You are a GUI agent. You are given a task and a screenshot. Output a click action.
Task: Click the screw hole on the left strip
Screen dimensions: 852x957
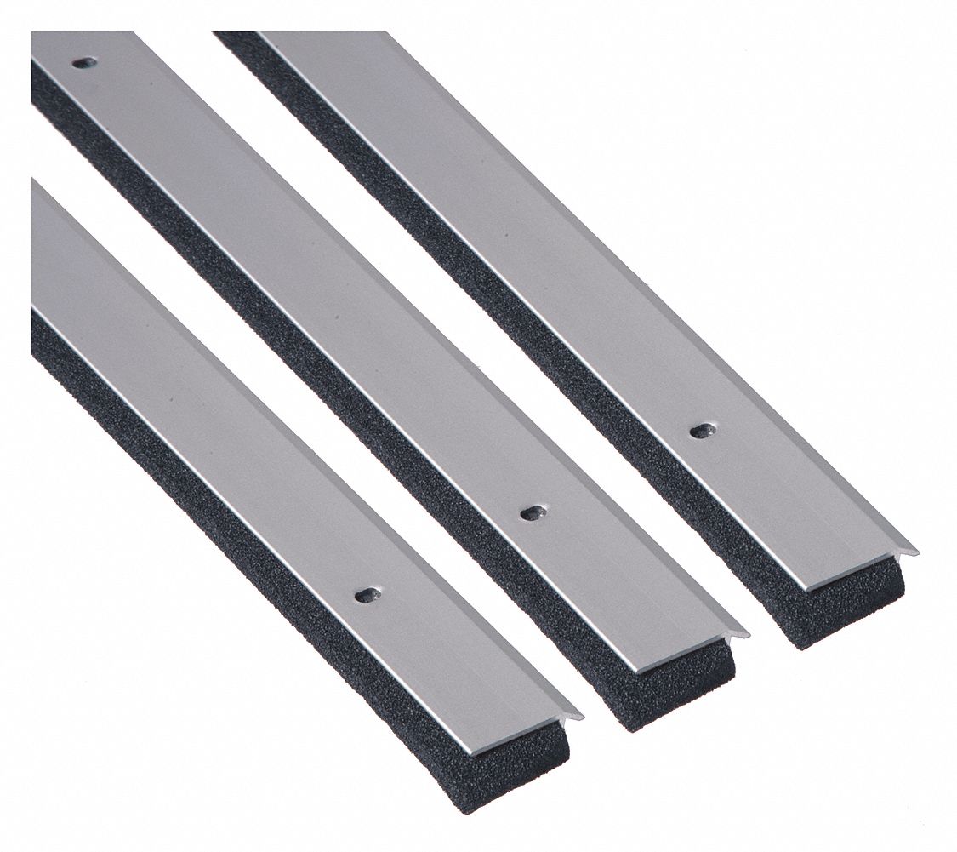point(367,595)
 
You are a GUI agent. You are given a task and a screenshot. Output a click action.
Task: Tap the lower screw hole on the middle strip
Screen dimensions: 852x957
point(533,512)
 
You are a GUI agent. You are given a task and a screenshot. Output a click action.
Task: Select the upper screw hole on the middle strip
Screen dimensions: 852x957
point(84,63)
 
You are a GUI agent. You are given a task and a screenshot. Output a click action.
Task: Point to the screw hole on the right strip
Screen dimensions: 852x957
point(701,431)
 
